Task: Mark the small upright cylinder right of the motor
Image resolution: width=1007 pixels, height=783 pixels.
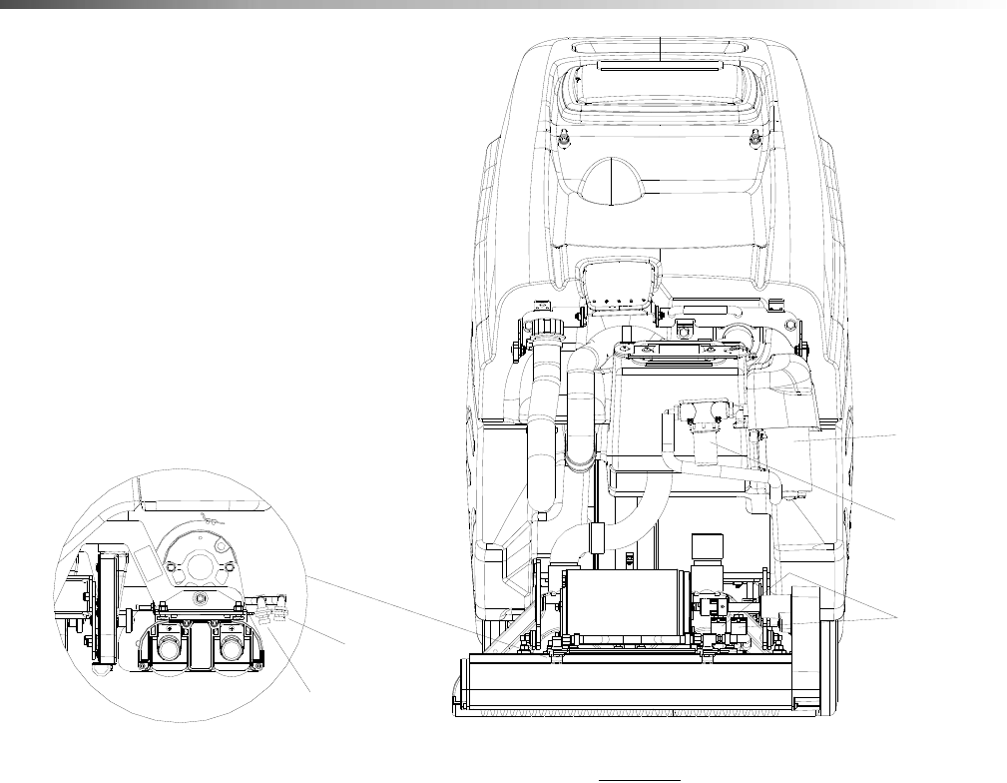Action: click(x=708, y=548)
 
